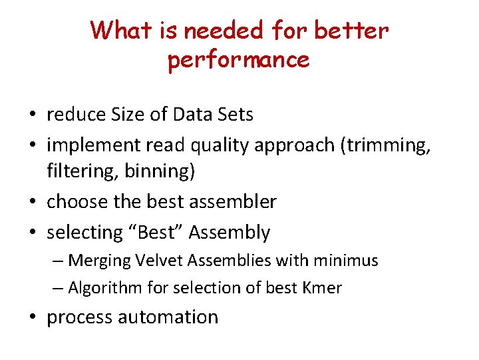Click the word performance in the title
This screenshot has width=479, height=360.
click(239, 60)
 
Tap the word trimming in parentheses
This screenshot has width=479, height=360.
click(386, 144)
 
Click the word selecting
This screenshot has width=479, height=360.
click(84, 233)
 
